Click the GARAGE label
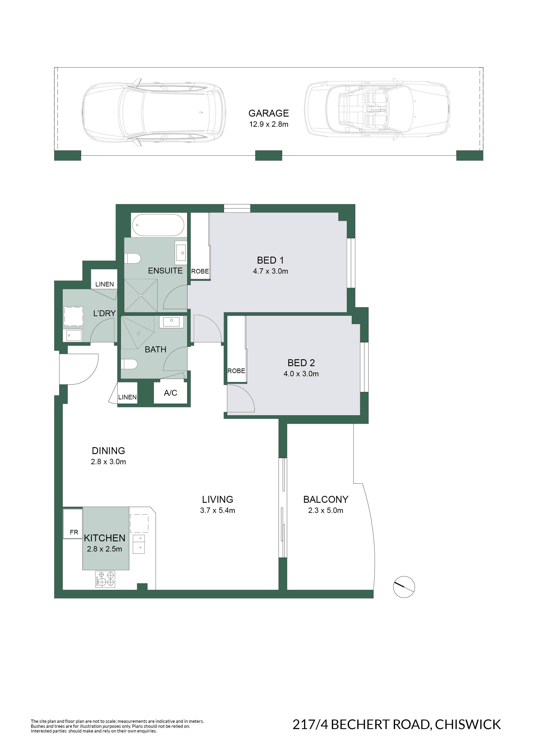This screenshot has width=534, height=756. (268, 113)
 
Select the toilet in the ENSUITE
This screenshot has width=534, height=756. (132, 258)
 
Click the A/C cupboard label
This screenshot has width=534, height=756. (170, 393)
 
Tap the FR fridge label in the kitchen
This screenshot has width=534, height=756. (74, 533)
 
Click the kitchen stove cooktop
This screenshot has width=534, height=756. (105, 579)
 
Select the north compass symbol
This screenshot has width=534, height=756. (404, 587)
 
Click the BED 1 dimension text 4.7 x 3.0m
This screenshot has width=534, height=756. (271, 271)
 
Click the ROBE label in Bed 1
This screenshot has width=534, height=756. (200, 271)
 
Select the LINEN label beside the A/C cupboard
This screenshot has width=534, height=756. (127, 397)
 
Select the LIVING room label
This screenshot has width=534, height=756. (218, 500)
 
